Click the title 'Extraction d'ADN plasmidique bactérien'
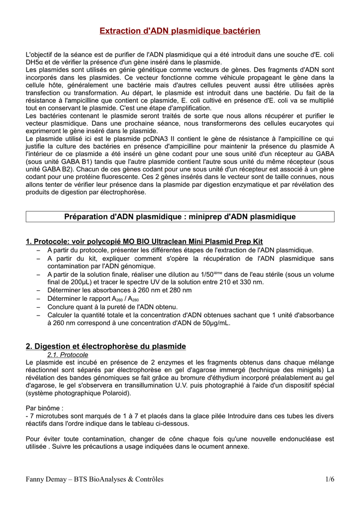pyautogui.click(x=180, y=31)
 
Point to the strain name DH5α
pyautogui.click(x=35, y=62)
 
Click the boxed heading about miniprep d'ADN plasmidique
pyautogui.click(x=180, y=216)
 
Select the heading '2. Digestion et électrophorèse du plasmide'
pyautogui.click(x=106, y=346)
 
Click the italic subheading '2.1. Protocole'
pyautogui.click(x=68, y=355)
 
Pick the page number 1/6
pyautogui.click(x=329, y=479)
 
